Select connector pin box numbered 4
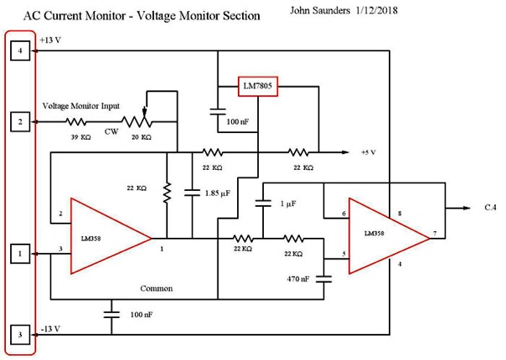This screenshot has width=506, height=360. coord(19,53)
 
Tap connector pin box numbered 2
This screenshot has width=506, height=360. coord(19,121)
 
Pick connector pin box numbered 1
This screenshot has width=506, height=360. coord(19,251)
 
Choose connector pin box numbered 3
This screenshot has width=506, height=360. coord(19,336)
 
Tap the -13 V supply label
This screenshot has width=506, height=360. coord(50,327)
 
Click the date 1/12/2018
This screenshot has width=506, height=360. coord(392,13)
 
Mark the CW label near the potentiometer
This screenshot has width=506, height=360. coord(111,131)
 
